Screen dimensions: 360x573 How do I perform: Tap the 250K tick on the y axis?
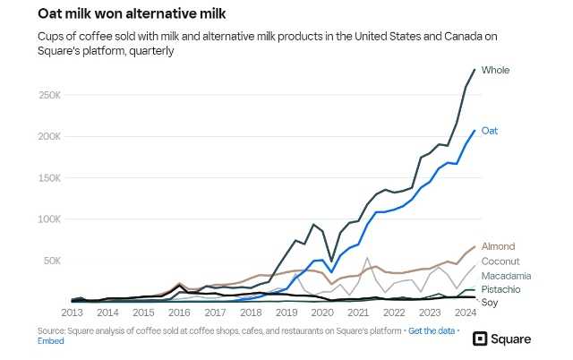pos(50,94)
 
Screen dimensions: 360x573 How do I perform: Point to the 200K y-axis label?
pos(50,136)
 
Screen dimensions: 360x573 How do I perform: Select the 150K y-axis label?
pos(50,177)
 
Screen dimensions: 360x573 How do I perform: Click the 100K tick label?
pos(50,219)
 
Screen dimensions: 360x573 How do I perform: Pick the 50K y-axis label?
pos(53,261)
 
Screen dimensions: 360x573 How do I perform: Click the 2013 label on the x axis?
pos(72,313)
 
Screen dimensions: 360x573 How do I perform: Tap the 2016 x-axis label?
pos(179,313)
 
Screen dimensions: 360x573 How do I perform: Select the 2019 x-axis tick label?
pos(286,313)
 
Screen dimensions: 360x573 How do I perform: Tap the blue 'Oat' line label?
pos(490,131)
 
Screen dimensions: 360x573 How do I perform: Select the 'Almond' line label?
pos(498,246)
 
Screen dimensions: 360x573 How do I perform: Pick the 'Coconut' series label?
pos(500,261)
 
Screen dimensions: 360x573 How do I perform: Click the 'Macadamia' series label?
pos(506,275)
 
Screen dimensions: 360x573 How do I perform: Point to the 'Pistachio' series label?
pos(501,289)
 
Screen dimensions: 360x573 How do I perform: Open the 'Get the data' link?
pos(432,331)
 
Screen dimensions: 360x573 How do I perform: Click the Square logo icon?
pos(480,339)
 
